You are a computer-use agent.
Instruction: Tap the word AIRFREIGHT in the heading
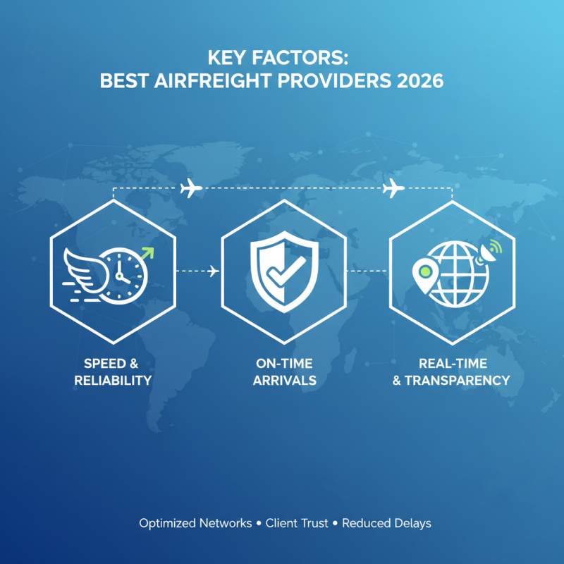207,80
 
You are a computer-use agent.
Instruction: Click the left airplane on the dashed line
191,188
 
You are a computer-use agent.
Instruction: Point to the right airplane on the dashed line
393,188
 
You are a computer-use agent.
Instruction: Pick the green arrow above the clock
148,252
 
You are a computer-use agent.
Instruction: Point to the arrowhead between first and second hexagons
214,271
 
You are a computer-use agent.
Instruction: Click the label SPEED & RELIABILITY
117,372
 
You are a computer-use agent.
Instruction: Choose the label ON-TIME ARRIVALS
284,372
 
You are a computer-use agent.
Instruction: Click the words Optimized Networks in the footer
195,523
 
